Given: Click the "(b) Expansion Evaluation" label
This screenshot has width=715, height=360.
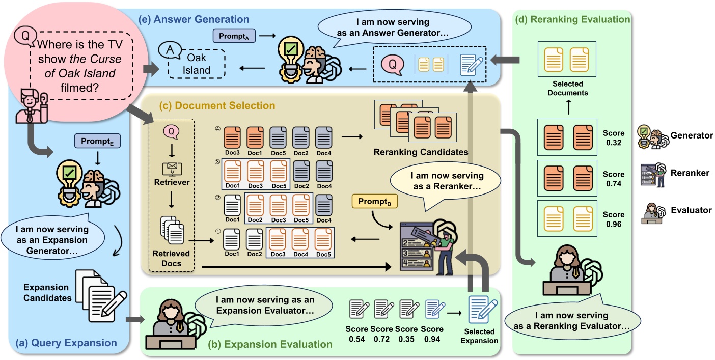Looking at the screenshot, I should click(270, 344).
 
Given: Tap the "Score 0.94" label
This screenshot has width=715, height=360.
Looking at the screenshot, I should click(432, 334).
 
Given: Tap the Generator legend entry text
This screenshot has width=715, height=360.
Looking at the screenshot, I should click(692, 135).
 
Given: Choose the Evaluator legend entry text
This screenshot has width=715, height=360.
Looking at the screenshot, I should click(691, 210).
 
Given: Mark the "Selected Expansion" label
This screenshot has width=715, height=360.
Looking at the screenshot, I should click(479, 336).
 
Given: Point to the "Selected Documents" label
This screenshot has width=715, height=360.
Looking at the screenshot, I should click(571, 88).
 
